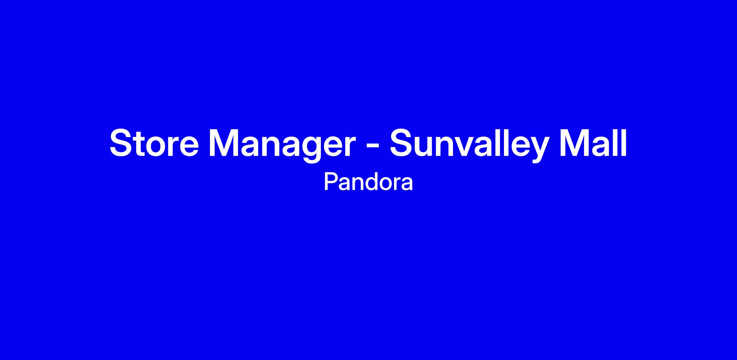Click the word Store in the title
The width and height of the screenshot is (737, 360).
[x=154, y=143]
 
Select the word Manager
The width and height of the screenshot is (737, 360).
[x=282, y=146]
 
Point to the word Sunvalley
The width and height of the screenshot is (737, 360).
[x=469, y=145]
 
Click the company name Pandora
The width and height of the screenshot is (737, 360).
[x=368, y=183]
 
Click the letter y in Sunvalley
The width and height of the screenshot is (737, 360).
[x=537, y=150]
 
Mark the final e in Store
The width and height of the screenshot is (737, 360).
[x=188, y=147]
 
